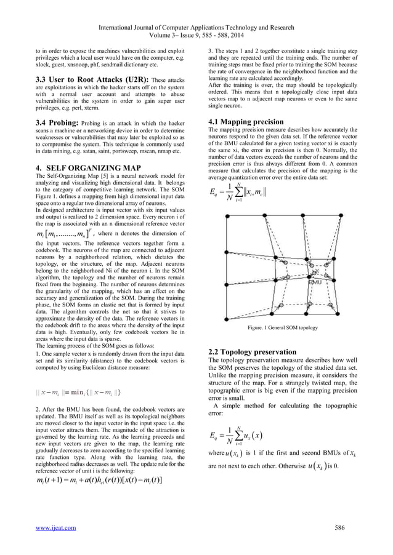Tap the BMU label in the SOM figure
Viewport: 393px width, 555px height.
[317, 282]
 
